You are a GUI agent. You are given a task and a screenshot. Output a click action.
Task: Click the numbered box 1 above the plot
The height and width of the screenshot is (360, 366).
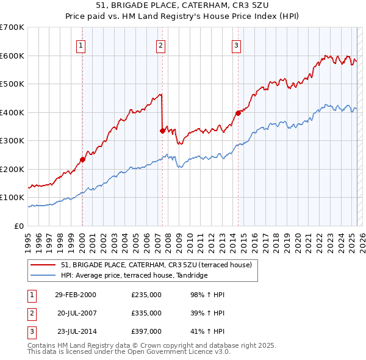(x=81, y=45)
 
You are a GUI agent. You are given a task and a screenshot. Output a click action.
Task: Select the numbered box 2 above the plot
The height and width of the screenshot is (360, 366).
(x=160, y=45)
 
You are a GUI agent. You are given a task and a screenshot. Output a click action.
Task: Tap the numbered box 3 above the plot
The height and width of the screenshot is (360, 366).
(x=236, y=45)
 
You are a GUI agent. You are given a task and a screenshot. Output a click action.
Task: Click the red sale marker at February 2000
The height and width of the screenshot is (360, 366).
(x=82, y=159)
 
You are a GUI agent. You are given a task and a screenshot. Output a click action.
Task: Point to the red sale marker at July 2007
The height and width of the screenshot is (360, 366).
(x=162, y=131)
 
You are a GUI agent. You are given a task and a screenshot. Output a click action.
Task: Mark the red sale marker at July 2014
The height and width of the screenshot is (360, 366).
(x=238, y=113)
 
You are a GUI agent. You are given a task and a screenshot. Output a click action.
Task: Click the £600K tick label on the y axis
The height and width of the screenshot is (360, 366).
(x=12, y=56)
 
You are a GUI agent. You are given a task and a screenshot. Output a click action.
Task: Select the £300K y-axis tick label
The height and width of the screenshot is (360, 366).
(x=12, y=141)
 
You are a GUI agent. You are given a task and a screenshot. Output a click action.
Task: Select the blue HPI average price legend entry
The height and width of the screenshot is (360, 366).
(x=134, y=275)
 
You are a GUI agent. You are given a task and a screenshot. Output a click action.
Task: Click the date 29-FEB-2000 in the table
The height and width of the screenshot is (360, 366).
(x=76, y=295)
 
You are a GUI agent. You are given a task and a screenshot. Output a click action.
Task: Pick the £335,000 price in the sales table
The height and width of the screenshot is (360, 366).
(x=146, y=313)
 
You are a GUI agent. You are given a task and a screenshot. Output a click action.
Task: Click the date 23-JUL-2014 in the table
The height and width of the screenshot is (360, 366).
(x=76, y=331)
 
